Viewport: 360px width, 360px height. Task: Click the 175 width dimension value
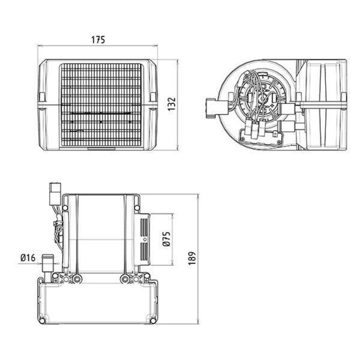[98, 40]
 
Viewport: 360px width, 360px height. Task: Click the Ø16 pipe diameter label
[28, 258]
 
